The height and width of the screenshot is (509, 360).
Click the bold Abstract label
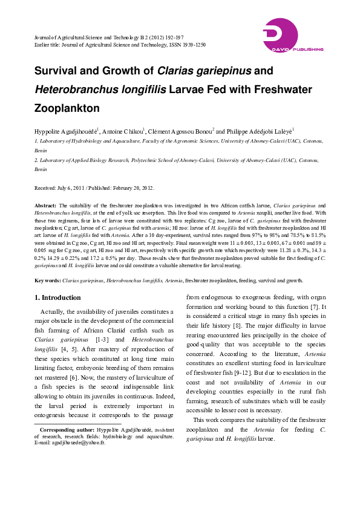point(45,206)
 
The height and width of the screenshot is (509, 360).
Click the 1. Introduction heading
point(58,297)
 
